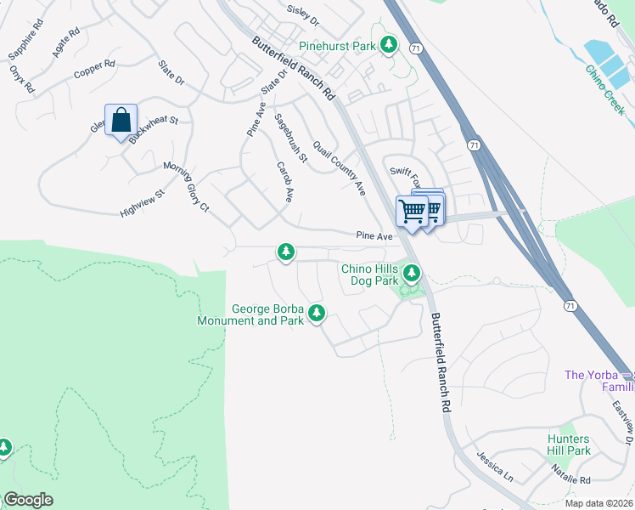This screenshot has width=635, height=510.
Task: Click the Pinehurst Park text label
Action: (x=337, y=45)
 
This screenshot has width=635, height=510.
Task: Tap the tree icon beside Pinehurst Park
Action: (x=389, y=44)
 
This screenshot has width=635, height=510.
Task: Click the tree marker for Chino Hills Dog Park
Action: (x=412, y=273)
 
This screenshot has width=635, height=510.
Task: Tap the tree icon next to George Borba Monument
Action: (x=317, y=314)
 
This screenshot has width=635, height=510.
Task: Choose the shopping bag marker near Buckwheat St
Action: (x=121, y=121)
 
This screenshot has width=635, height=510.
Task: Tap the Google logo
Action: (x=27, y=500)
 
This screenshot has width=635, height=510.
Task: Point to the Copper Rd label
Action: (x=93, y=70)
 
